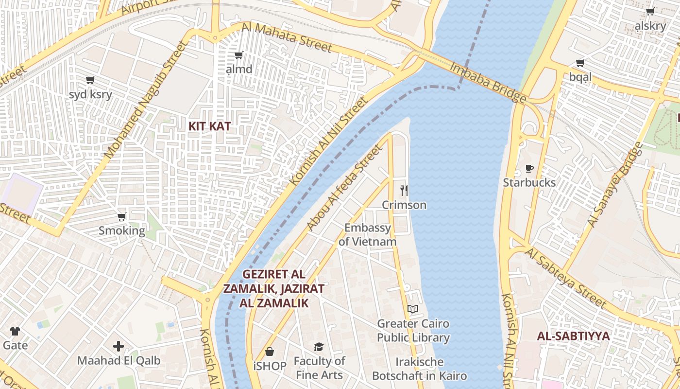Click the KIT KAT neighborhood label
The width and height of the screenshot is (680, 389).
tap(209, 126)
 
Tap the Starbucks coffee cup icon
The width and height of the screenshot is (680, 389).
tap(529, 169)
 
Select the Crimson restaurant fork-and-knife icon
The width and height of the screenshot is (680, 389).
tap(404, 190)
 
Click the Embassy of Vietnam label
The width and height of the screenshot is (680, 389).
tap(367, 234)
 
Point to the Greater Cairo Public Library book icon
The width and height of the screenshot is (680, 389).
tap(413, 309)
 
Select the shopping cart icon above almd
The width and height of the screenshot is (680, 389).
tap(238, 55)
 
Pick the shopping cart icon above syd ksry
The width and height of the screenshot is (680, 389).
tap(90, 80)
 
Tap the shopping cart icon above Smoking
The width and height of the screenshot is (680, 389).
tap(121, 216)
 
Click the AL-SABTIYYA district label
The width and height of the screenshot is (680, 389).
tap(573, 336)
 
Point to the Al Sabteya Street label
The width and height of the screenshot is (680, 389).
tap(566, 279)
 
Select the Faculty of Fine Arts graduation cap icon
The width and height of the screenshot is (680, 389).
tap(319, 347)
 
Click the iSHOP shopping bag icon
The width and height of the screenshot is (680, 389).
tap(270, 352)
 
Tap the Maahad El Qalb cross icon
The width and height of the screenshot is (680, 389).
tap(119, 346)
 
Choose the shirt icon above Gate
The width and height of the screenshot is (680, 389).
tap(15, 331)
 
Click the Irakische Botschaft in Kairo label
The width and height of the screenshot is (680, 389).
tap(419, 369)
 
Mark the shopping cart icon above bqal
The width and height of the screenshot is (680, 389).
tap(580, 63)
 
